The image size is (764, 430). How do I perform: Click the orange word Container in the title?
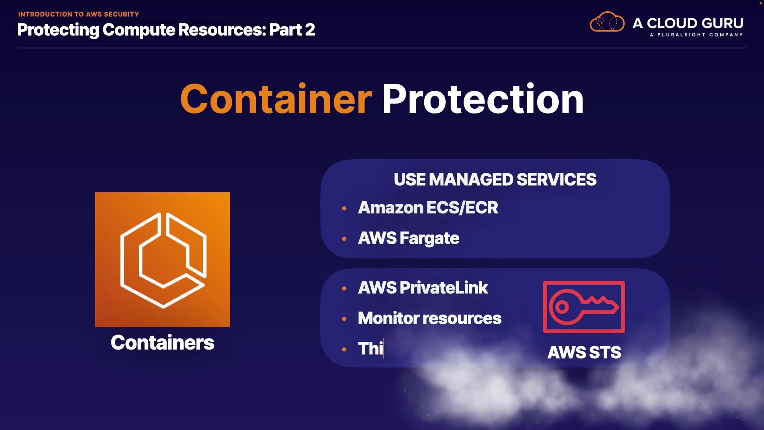(276, 100)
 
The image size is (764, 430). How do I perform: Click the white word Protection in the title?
(483, 100)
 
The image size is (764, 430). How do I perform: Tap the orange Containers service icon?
(162, 260)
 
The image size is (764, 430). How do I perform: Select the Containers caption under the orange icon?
(162, 343)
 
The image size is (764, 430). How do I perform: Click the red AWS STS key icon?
(584, 307)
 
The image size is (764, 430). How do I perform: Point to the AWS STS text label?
(584, 352)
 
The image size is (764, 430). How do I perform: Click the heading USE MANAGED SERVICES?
(495, 180)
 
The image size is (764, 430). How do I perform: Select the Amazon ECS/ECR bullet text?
(428, 208)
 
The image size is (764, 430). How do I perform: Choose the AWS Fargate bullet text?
(409, 238)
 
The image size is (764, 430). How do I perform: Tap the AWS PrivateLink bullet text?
(423, 288)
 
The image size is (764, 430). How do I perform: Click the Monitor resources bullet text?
(429, 319)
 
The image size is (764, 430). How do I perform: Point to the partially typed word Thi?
(370, 349)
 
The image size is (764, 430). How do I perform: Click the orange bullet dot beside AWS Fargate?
(344, 239)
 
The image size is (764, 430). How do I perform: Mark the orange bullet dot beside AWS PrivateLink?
(344, 288)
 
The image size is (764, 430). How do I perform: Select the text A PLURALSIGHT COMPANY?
(696, 35)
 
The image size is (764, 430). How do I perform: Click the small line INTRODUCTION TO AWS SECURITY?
(78, 14)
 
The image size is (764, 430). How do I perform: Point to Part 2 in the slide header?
(292, 30)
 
